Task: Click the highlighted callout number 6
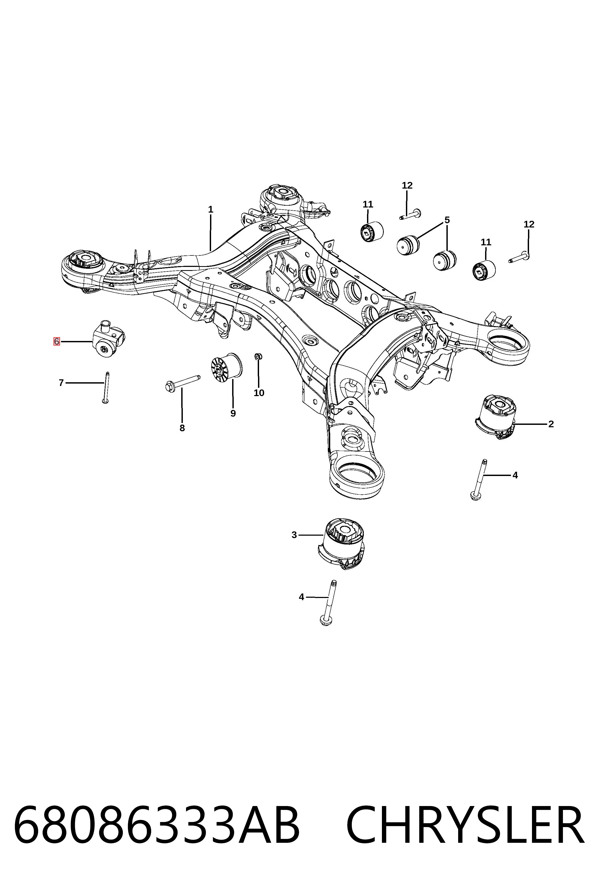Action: (x=56, y=341)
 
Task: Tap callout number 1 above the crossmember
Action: (x=211, y=209)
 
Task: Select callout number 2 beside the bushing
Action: (x=551, y=424)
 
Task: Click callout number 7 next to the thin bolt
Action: (x=61, y=383)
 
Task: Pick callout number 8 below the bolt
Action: (x=182, y=428)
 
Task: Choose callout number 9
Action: (x=233, y=413)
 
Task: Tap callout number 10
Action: (x=259, y=393)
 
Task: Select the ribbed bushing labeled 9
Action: (x=227, y=367)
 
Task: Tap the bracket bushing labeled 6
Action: (x=109, y=338)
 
